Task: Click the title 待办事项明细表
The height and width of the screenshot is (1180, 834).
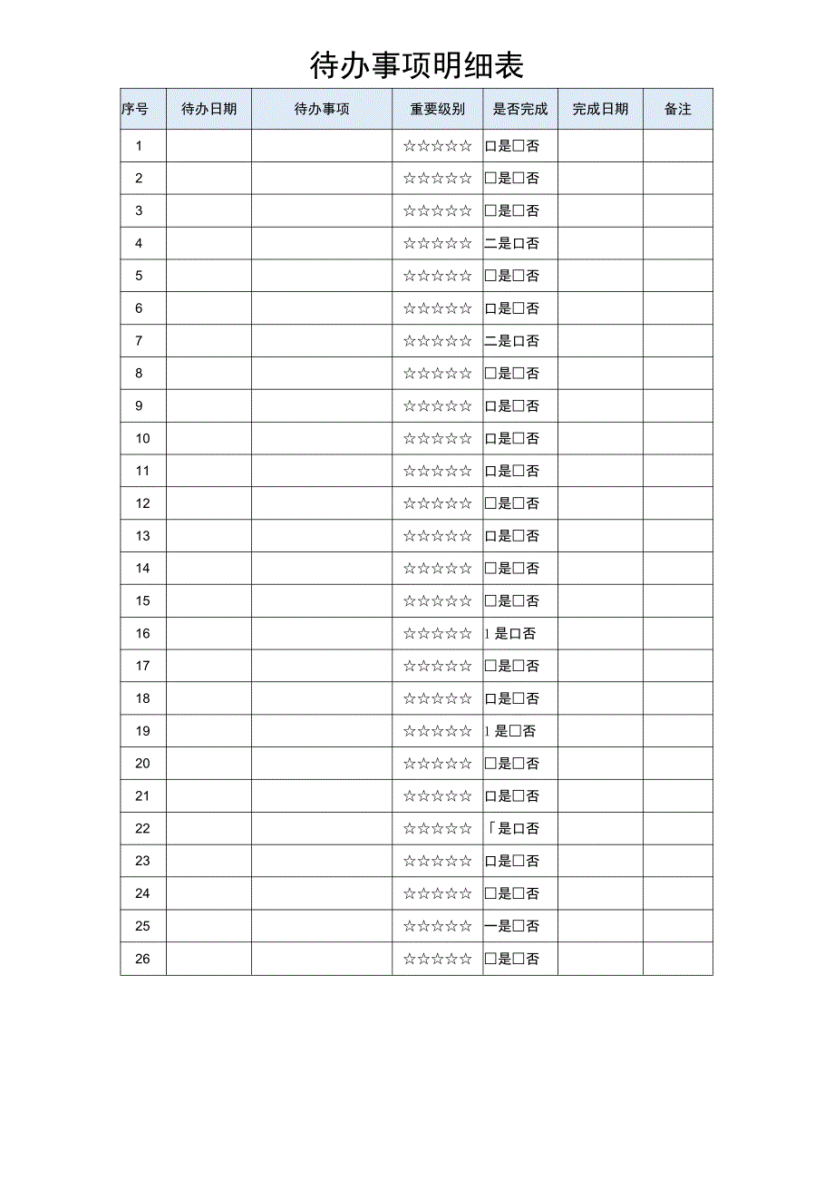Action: click(417, 65)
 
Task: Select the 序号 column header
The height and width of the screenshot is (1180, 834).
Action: click(135, 109)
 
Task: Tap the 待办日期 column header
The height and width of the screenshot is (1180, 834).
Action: click(208, 109)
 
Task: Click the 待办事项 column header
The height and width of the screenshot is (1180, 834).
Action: click(322, 109)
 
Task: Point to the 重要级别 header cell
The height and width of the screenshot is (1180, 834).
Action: click(437, 109)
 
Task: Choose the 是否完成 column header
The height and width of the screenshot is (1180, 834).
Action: click(520, 109)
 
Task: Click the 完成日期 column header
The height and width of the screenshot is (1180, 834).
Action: click(600, 109)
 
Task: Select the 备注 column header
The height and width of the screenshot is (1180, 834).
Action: click(678, 109)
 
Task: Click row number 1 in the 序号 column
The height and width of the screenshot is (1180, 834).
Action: click(139, 146)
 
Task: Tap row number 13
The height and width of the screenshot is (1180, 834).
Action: click(142, 536)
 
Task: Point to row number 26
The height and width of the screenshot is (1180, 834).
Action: click(142, 959)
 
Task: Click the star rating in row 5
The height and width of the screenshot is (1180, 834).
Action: click(437, 276)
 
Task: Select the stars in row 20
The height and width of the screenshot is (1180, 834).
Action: click(437, 764)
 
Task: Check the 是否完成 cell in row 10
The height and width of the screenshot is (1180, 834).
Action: click(512, 439)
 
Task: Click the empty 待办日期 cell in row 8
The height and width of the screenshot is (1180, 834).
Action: click(208, 374)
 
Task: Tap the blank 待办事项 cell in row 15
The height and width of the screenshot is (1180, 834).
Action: click(322, 601)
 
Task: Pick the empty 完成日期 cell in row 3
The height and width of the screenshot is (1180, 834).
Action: click(600, 211)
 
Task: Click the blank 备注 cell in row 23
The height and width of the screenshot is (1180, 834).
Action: click(678, 861)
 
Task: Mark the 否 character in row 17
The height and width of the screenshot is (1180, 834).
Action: click(532, 667)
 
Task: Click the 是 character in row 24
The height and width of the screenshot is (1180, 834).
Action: click(505, 893)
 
